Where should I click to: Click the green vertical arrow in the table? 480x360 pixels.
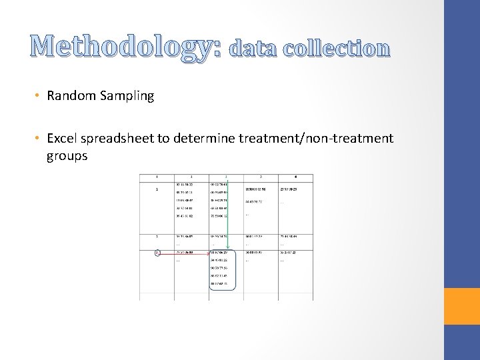coord(227,213)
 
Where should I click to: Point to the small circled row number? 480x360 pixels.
coord(157,253)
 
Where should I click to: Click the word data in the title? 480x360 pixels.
coord(251,49)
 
